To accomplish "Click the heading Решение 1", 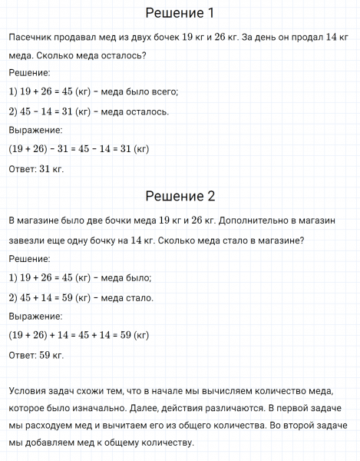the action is click(x=180, y=13).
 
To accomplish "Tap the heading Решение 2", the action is click(x=180, y=195).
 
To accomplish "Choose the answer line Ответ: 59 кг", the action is click(x=36, y=354).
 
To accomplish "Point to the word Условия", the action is click(x=28, y=388).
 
